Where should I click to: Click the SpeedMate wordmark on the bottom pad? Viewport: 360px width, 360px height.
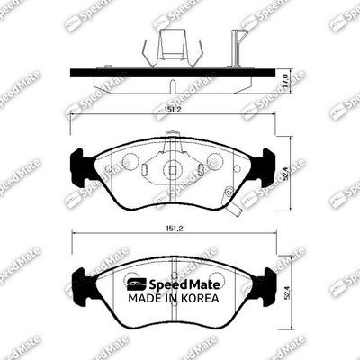tap(177, 283)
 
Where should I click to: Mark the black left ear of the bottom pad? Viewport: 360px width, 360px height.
tap(79, 287)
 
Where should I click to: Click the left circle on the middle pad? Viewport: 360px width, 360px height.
tap(129, 161)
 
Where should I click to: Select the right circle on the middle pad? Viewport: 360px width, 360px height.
tap(214, 161)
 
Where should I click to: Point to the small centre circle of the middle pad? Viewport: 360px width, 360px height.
tap(172, 167)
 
